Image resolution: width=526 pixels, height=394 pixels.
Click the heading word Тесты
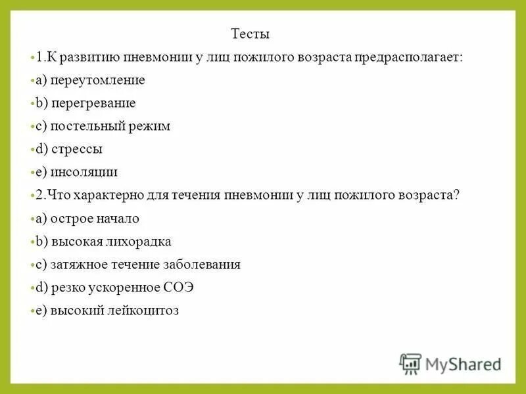251,34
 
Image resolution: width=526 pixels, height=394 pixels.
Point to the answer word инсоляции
85,172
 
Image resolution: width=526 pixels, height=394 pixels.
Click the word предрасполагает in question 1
409,57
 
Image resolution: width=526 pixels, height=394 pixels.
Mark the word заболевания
205,265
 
